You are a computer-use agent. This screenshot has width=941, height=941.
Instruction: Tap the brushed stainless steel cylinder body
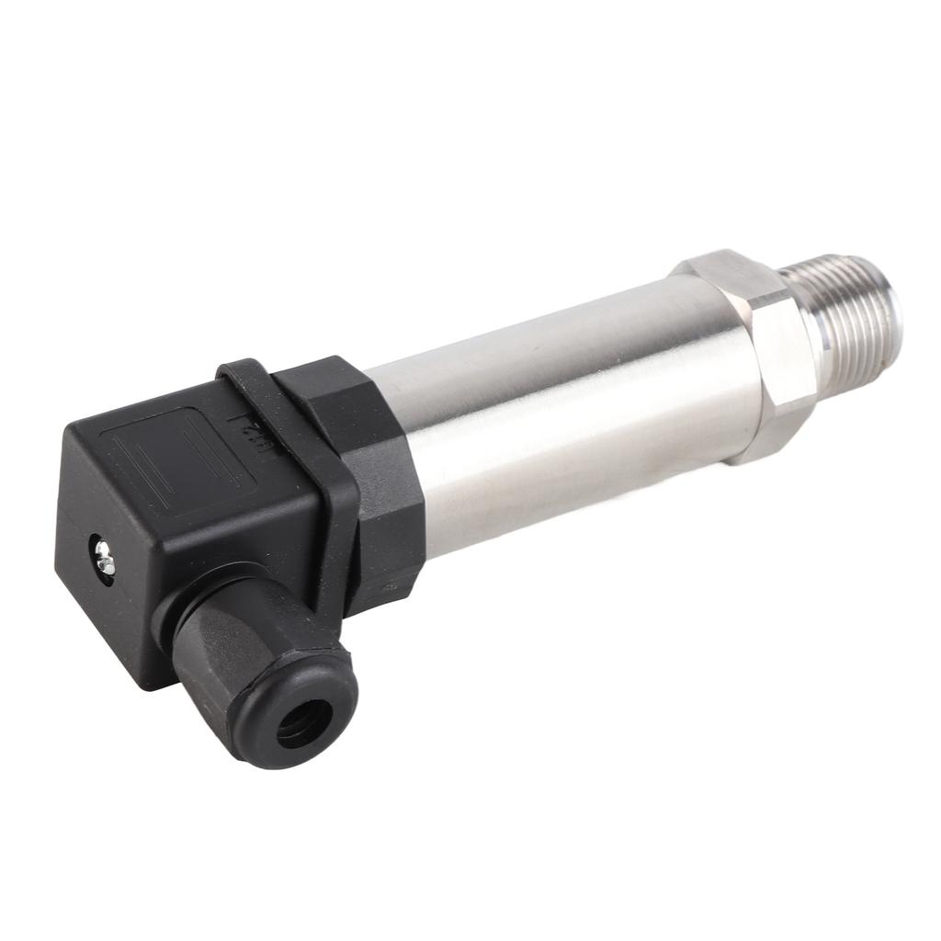tap(551, 414)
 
